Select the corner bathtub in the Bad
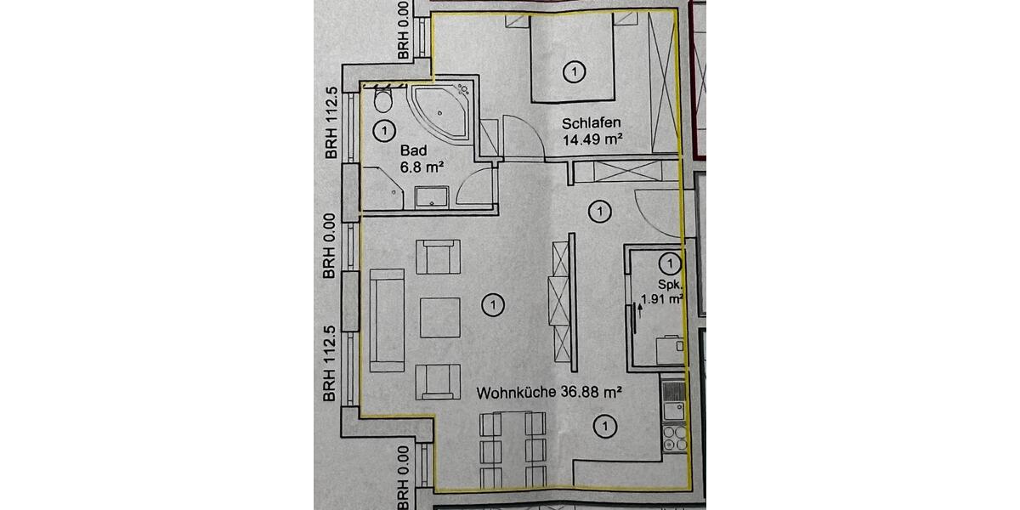441,113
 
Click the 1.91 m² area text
663,298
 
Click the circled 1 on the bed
575,72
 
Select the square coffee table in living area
439,316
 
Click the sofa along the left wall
387,320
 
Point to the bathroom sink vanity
433,197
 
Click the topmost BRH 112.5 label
331,122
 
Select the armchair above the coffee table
439,257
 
